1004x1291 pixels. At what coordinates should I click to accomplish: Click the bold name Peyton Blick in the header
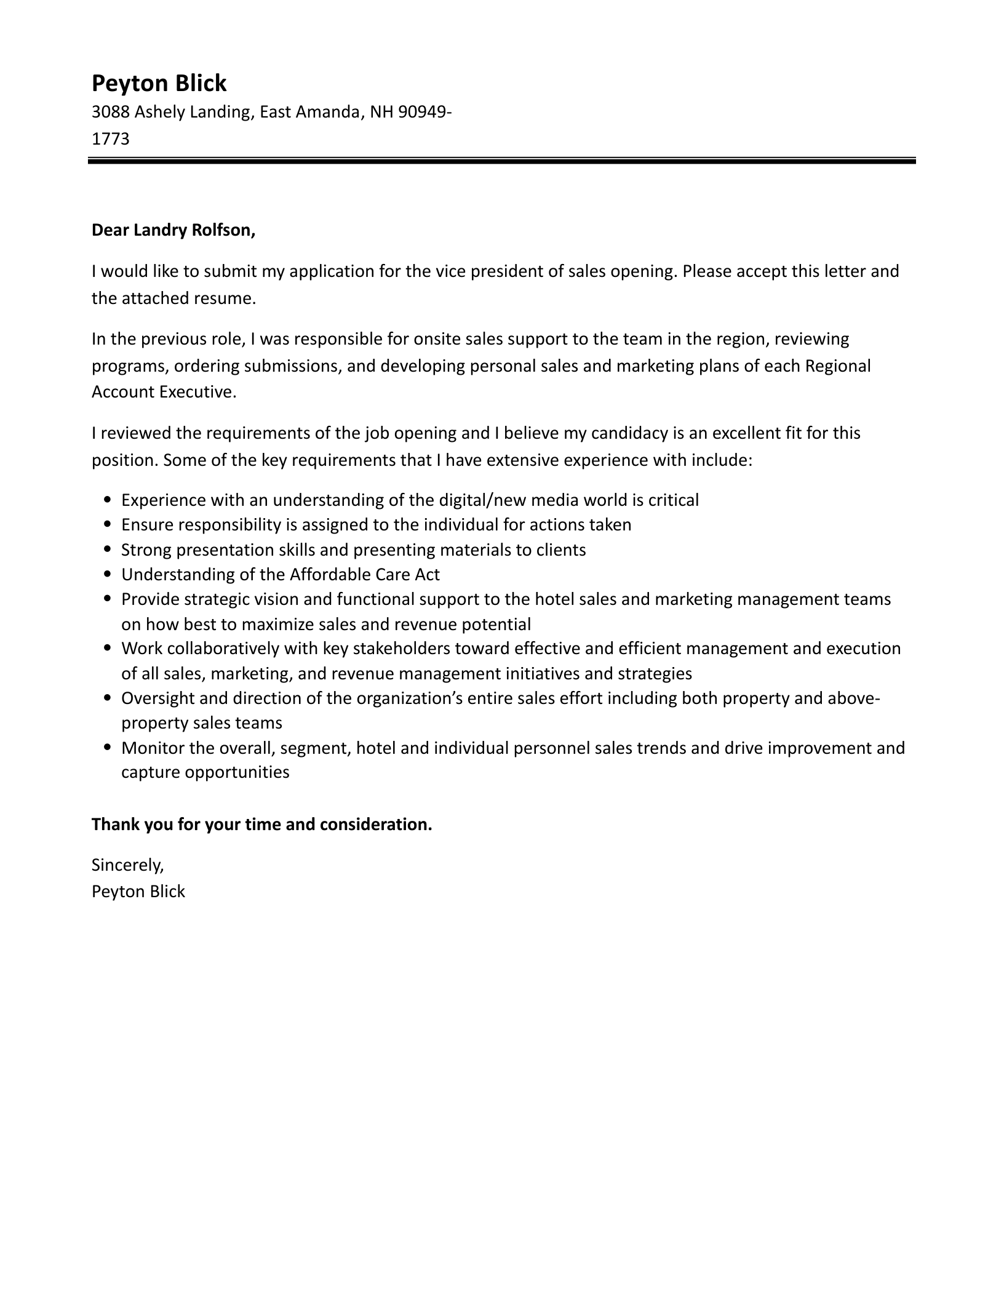tap(159, 83)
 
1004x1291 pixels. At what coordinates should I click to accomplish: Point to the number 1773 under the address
tap(110, 139)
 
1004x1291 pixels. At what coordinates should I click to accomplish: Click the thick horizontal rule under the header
tap(501, 161)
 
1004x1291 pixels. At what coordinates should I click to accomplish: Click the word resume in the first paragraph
tap(226, 298)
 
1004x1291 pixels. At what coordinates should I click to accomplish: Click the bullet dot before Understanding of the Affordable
tap(108, 575)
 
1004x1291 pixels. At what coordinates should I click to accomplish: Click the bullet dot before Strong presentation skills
tap(108, 550)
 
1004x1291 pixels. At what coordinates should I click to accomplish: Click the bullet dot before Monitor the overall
tap(108, 748)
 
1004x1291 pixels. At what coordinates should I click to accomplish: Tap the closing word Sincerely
tap(127, 865)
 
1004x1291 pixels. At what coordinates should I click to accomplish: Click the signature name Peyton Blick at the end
tap(138, 892)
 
